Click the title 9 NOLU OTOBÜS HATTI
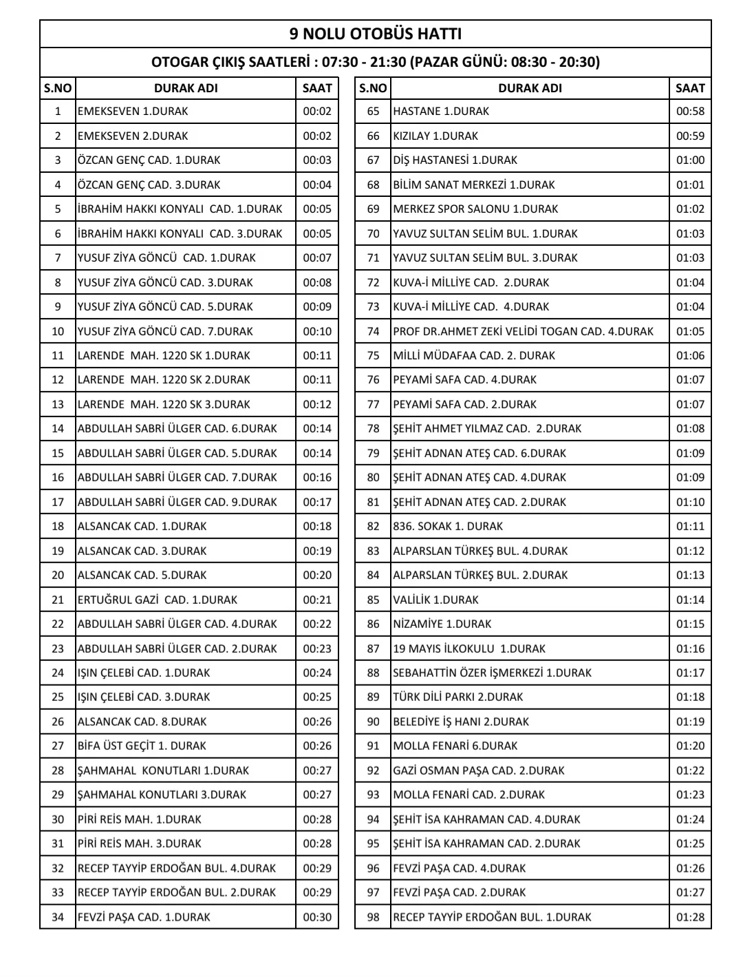click(375, 34)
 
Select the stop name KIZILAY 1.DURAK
click(435, 136)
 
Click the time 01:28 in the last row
click(690, 917)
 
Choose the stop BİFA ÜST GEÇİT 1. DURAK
click(142, 746)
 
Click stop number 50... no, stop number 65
click(373, 112)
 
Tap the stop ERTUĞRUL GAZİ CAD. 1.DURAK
click(157, 600)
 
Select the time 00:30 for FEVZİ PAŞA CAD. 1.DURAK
click(317, 917)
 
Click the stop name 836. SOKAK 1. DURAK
click(448, 526)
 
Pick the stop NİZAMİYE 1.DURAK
click(442, 624)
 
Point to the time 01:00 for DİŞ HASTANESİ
click(690, 160)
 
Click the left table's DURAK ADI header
click(186, 88)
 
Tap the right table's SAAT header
click(690, 88)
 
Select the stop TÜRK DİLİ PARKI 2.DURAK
click(458, 697)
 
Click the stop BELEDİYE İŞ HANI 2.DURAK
click(461, 722)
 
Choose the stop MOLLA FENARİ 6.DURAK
click(455, 746)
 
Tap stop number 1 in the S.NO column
click(58, 112)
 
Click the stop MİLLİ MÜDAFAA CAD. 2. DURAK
click(474, 355)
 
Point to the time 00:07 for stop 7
click(317, 258)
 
